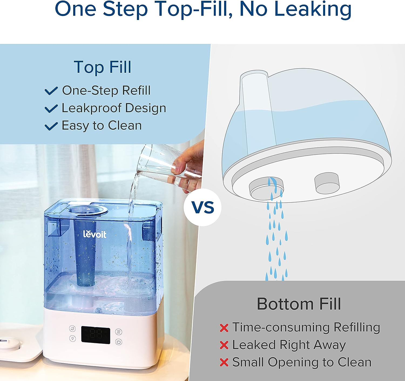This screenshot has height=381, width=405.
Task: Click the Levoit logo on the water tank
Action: pyautogui.click(x=94, y=234)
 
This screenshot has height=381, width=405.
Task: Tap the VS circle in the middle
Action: pyautogui.click(x=202, y=207)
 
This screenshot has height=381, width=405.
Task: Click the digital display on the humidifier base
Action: pyautogui.click(x=96, y=335)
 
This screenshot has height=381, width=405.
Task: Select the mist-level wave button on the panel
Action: pyautogui.click(x=119, y=332)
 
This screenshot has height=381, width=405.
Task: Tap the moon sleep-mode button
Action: pyautogui.click(x=72, y=328)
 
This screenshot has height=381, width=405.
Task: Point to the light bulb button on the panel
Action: pyautogui.click(x=73, y=338)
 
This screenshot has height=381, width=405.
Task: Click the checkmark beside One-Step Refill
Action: pyautogui.click(x=51, y=91)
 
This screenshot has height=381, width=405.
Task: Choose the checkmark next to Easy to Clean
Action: pyautogui.click(x=51, y=126)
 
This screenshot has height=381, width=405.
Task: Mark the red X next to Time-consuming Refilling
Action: pyautogui.click(x=224, y=328)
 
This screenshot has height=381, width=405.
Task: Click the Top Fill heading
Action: pyautogui.click(x=103, y=67)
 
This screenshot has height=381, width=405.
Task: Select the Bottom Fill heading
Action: pyautogui.click(x=299, y=304)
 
